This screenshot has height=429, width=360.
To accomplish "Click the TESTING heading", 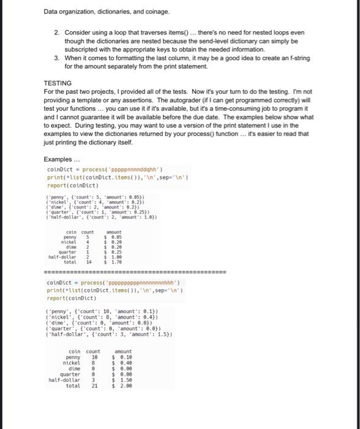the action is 58,83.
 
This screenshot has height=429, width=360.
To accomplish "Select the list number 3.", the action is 56,57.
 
